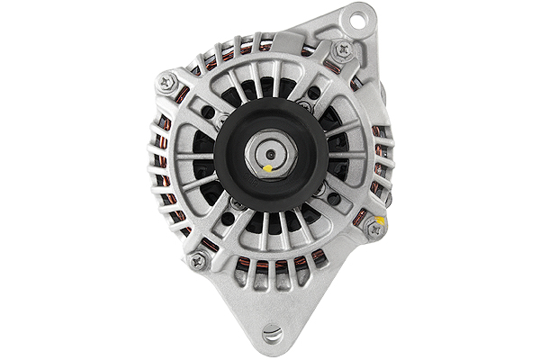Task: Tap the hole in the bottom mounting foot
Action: [x=272, y=334]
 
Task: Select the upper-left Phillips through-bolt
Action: [x=166, y=82]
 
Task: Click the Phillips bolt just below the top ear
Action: [x=343, y=51]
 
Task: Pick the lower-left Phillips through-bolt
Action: [x=199, y=261]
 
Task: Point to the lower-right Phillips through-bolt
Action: [x=374, y=229]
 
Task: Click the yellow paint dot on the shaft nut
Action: [x=268, y=167]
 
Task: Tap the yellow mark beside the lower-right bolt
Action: [x=382, y=219]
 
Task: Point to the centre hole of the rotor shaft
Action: [x=271, y=154]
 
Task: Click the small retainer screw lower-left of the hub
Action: [x=237, y=203]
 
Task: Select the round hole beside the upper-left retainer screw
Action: [x=208, y=112]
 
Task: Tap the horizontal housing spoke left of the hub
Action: [x=194, y=156]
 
